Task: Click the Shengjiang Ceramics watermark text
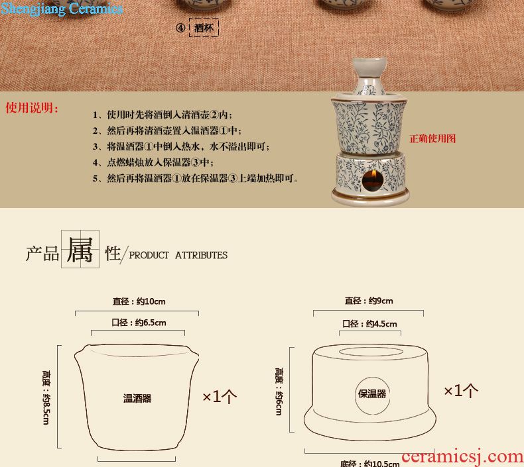tap(62, 9)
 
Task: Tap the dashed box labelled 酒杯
tap(204, 27)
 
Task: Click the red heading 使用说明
tap(32, 108)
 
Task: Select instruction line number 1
tap(163, 115)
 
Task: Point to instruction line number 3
tap(181, 146)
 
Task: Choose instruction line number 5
tap(196, 178)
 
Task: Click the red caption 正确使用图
tap(432, 138)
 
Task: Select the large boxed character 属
tap(80, 249)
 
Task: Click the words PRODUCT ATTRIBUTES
tap(178, 256)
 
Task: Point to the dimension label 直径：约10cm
tap(139, 301)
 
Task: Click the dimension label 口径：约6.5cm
tap(139, 323)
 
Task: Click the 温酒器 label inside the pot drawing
tap(137, 398)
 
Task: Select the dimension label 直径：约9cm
tap(369, 301)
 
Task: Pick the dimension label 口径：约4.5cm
tap(369, 324)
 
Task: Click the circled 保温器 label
tap(372, 394)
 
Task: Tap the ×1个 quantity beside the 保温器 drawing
tap(461, 391)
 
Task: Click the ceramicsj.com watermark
tap(462, 456)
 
